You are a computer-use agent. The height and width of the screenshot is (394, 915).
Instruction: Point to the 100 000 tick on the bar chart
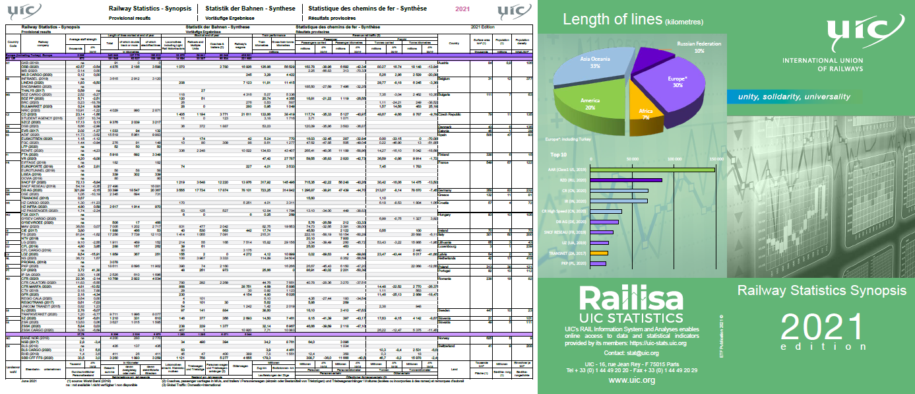tap(674, 159)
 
